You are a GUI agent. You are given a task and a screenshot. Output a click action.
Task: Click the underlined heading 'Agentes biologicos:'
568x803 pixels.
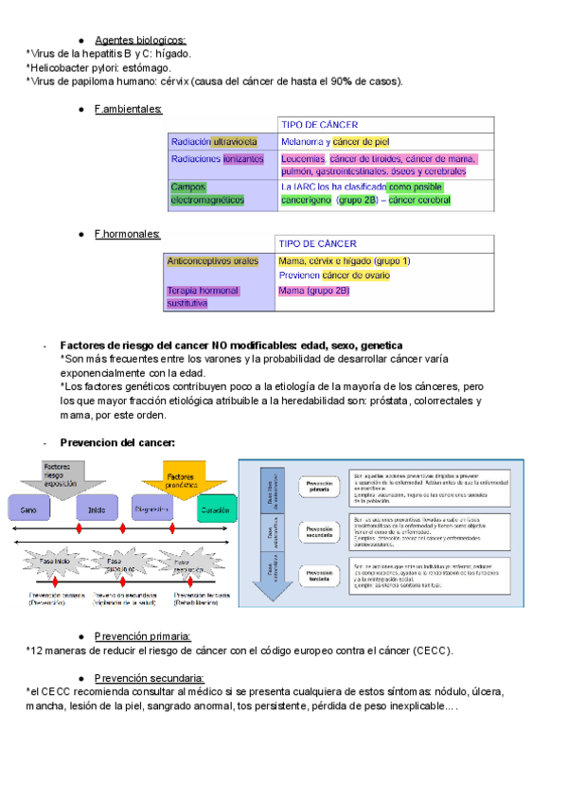(140, 40)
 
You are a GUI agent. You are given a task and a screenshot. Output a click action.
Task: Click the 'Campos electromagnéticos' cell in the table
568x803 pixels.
(206, 193)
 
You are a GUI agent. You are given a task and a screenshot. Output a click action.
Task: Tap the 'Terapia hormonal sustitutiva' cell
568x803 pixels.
(203, 296)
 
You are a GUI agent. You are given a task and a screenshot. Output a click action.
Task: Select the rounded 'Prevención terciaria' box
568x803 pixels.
(321, 574)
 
